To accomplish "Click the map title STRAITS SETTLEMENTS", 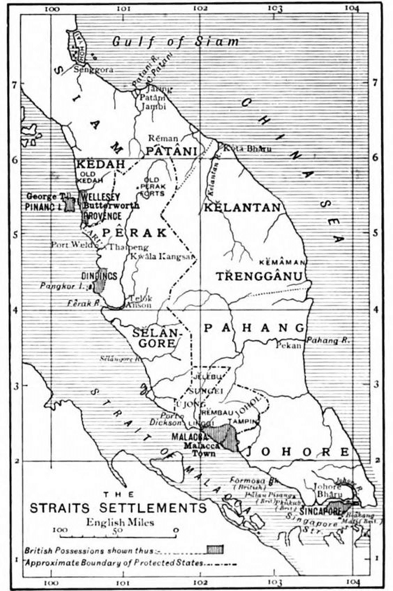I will [118, 508].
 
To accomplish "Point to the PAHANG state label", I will [254, 328].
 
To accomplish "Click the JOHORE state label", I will [306, 452].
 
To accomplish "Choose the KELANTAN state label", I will [242, 208].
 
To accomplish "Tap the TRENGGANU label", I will [261, 277].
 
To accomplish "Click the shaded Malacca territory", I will [225, 438].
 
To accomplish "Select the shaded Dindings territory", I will [100, 280].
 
